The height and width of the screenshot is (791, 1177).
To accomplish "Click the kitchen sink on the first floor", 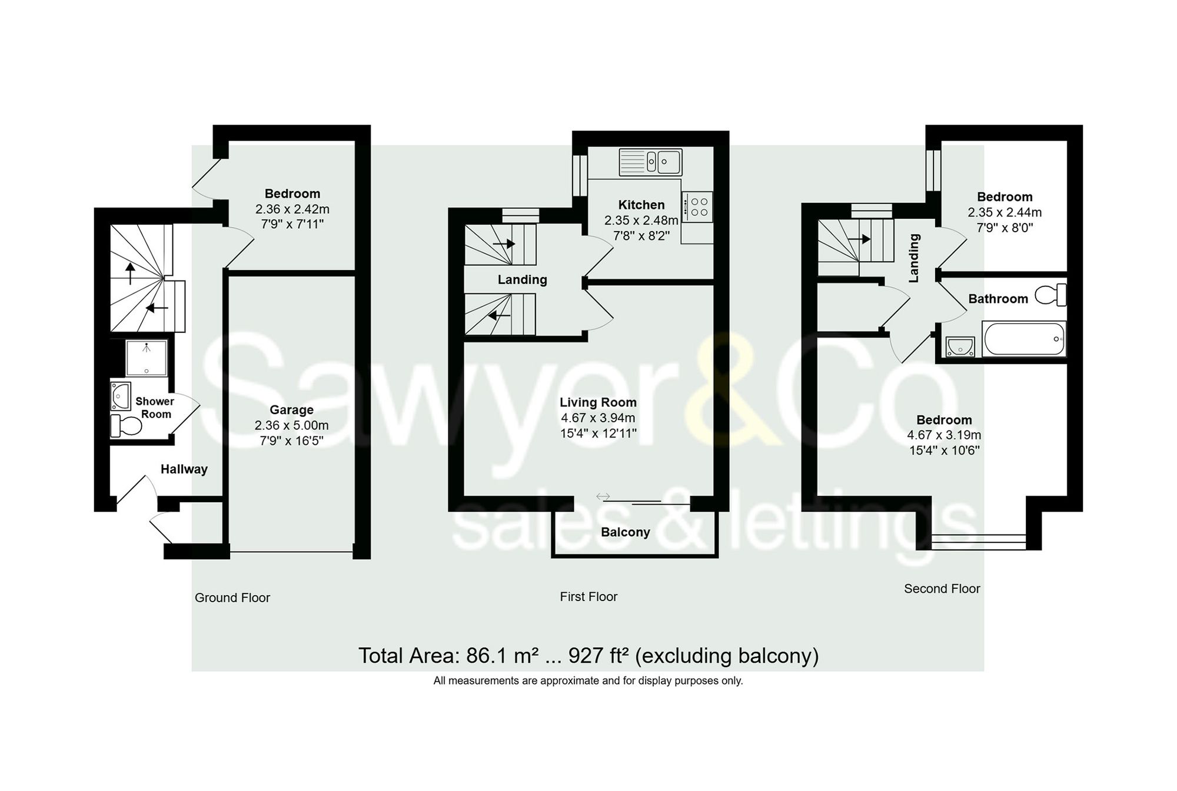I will (650, 162).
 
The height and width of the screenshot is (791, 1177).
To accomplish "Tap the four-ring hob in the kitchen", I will (699, 206).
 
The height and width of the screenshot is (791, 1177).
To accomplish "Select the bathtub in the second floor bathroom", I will (1023, 339).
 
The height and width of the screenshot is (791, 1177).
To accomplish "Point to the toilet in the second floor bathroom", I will (1051, 295).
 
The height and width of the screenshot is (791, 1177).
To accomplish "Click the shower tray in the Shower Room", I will (147, 357).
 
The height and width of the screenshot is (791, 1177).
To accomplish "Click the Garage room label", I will (291, 410).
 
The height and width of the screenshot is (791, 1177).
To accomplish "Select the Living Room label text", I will (598, 402).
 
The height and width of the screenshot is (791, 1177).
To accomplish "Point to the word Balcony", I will (625, 532).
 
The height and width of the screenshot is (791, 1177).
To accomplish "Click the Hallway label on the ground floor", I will (184, 469).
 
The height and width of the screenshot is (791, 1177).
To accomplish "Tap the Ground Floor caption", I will (232, 598).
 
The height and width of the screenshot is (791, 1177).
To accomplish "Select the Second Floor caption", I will (942, 589).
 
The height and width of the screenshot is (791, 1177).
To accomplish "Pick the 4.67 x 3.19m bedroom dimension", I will (944, 435).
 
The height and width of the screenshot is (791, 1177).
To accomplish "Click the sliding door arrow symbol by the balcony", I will (603, 496).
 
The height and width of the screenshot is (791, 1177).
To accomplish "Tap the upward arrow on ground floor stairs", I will (130, 272).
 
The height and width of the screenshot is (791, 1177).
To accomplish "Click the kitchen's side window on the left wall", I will (580, 175).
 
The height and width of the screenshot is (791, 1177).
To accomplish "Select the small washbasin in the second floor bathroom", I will (960, 346).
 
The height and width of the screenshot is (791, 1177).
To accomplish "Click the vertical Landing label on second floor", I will (914, 258).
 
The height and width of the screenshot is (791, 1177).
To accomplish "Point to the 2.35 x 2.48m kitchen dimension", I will (641, 221).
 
